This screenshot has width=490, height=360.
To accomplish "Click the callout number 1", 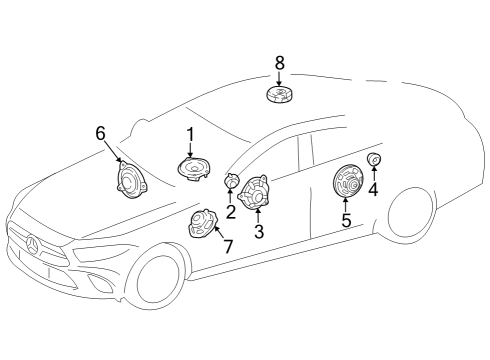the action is coord(190,135).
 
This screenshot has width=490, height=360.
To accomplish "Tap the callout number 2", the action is coord(230,212).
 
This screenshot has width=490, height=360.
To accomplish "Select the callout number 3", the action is coord(259,231).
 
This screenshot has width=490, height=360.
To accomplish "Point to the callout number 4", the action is coord(373,189).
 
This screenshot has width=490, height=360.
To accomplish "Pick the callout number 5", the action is coord(346,220).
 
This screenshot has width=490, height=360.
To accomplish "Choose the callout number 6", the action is coord(100,133).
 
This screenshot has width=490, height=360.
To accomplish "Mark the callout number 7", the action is coord(228,246).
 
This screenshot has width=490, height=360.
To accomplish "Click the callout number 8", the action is coord(280,62).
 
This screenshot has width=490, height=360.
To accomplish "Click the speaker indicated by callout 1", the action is coord(194,168).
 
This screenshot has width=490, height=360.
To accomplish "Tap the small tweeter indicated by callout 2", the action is coord(232,181).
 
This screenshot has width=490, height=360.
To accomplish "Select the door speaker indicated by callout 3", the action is coord(254,192).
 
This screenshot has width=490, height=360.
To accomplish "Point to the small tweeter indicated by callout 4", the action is coord(374,159).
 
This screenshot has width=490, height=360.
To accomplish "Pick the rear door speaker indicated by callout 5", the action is coord(348,181).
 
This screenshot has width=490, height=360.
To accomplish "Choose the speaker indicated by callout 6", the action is coord(131,180).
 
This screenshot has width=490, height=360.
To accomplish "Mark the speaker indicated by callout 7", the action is coord(202,223).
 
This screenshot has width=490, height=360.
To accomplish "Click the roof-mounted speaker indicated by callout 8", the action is coord(280,94).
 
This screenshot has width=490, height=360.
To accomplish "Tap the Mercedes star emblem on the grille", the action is coord(33,245).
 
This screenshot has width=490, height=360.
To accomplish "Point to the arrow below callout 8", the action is coord(279,79).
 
